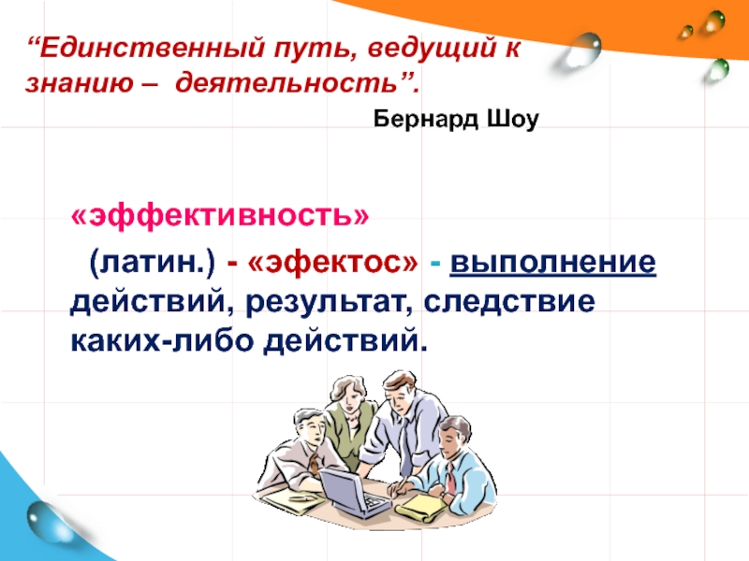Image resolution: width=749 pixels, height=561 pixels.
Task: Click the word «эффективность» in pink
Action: click(x=220, y=216)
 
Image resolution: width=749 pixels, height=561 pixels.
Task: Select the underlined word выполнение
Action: click(x=552, y=263)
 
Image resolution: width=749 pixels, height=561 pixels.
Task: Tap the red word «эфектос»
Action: click(x=333, y=263)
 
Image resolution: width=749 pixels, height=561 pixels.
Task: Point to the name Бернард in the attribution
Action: click(x=426, y=119)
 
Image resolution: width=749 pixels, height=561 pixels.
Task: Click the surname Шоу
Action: click(x=512, y=119)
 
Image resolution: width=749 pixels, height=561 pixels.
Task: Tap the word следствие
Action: click(x=509, y=301)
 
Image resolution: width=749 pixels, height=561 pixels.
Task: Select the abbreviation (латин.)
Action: click(x=152, y=264)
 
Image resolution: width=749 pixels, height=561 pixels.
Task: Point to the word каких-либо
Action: click(x=161, y=340)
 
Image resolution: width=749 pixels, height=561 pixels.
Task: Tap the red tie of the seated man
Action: click(x=451, y=479)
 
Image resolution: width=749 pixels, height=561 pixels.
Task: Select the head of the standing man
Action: click(x=401, y=389)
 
